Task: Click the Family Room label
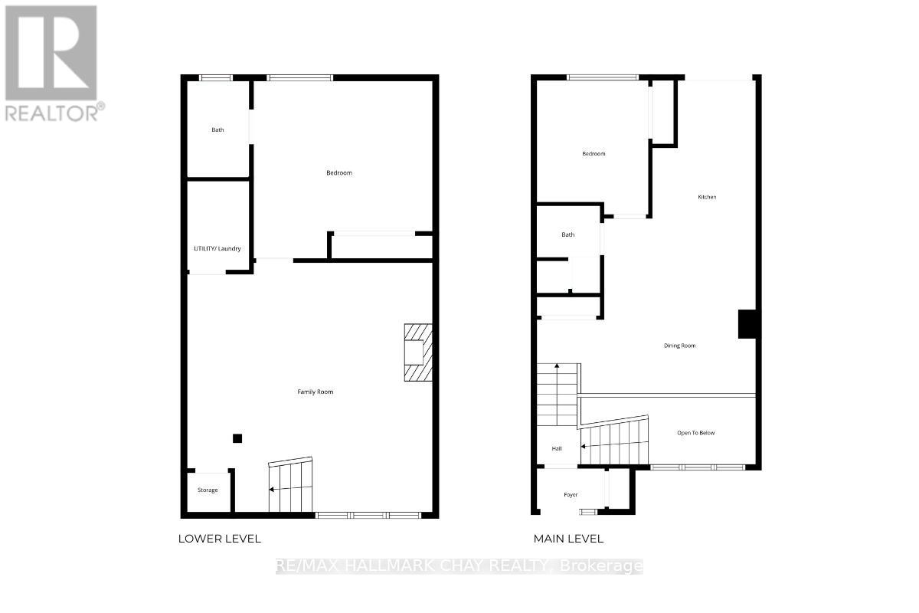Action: point(315,392)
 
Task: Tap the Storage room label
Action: point(208,490)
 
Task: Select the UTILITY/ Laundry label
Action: point(217,248)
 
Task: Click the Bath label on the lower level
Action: point(218,129)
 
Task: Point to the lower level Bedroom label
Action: point(339,172)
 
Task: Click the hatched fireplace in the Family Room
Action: point(418,352)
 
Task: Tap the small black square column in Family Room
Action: point(237,438)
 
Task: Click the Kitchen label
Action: point(707,197)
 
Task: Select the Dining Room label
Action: point(679,346)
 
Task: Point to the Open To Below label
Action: point(695,433)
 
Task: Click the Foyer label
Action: point(571,495)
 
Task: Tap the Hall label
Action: point(557,448)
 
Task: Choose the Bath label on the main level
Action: point(567,234)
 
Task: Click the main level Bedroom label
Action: point(594,153)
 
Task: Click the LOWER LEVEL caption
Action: point(220,539)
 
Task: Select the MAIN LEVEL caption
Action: point(568,539)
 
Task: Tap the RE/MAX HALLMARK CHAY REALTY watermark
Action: point(459,566)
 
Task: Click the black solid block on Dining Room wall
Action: point(747,323)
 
